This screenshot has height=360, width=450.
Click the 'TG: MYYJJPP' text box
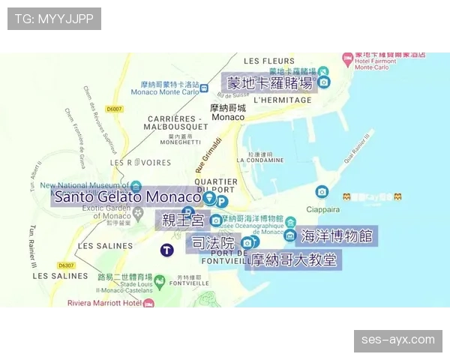pyautogui.click(x=54, y=19)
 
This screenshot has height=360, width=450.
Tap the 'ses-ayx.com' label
pyautogui.click(x=398, y=340)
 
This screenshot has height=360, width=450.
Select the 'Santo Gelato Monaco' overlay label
pyautogui.click(x=127, y=197)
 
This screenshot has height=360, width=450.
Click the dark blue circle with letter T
pyautogui.click(x=166, y=250)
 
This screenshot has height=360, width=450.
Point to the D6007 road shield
pyautogui.click(x=114, y=109)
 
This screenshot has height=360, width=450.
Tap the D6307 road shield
pyautogui.click(x=66, y=265)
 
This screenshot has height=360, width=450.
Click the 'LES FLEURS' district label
pyautogui.click(x=269, y=61)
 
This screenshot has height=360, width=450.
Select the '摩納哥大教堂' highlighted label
pyautogui.click(x=294, y=260)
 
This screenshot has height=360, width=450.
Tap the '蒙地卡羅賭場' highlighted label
pyautogui.click(x=271, y=82)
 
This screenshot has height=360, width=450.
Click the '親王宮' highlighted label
pyautogui.click(x=183, y=220)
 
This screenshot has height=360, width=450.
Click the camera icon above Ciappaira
pyautogui.click(x=322, y=192)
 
